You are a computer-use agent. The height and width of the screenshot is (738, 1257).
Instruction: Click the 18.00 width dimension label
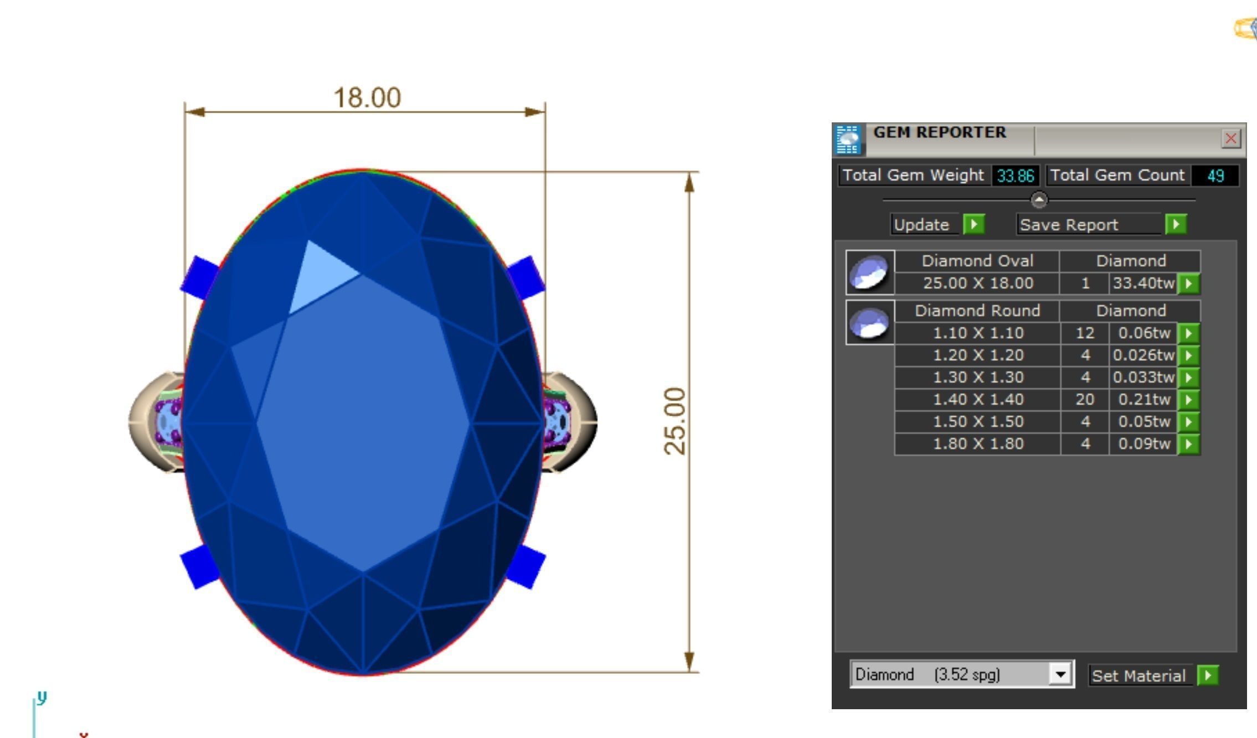point(367,98)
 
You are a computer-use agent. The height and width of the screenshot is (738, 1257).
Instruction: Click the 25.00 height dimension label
point(674,421)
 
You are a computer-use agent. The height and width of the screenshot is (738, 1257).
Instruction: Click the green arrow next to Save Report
point(1176,224)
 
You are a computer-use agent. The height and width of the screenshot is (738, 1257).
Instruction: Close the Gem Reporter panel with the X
point(1230,138)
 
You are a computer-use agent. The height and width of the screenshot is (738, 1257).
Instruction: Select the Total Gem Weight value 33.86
point(1016,176)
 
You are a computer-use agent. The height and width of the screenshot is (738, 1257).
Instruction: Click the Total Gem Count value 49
point(1215,176)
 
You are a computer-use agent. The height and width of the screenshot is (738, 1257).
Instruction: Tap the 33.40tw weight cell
point(1143,283)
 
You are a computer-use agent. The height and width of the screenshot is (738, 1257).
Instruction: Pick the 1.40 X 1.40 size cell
point(978,399)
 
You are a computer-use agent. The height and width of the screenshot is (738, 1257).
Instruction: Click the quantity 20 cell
point(1084,399)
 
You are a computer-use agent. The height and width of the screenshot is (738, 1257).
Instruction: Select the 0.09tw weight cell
point(1143,443)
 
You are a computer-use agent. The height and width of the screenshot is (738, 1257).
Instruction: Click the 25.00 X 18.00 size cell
point(978,283)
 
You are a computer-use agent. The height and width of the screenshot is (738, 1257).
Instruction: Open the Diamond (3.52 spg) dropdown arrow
point(1060,674)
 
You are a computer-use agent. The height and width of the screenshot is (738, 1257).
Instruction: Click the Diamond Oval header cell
point(977,261)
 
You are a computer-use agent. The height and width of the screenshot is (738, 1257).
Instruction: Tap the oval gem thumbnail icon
point(869,272)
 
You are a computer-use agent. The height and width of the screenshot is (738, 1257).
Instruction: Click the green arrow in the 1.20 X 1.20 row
point(1188,355)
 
